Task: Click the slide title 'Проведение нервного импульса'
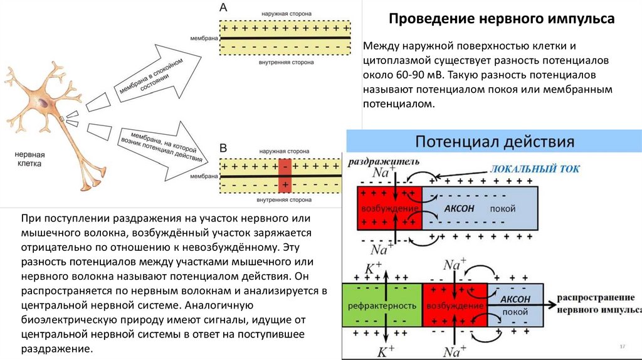tap(502, 19)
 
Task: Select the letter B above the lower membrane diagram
tap(223, 149)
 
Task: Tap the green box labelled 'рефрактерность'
tap(382, 305)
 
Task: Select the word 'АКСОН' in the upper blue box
tap(460, 208)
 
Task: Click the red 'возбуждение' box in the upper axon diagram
tap(389, 208)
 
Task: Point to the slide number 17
tap(623, 346)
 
